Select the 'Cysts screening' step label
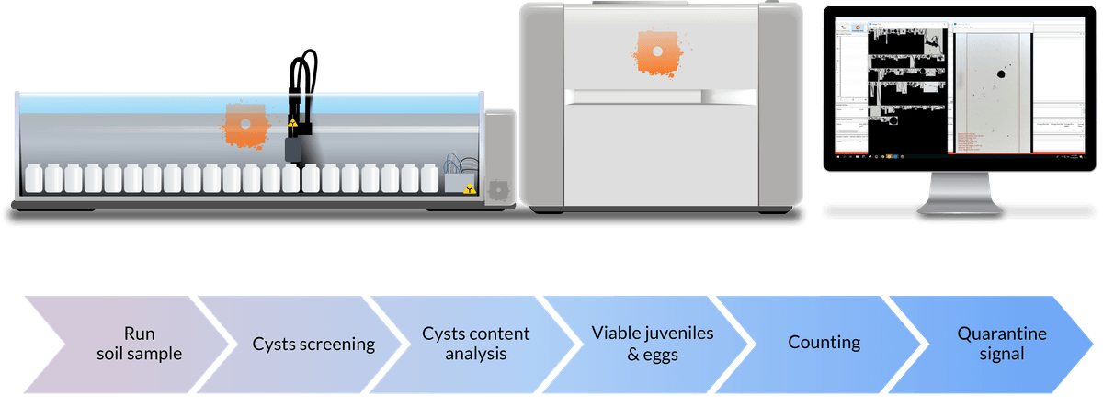[313, 345]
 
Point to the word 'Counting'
[824, 344]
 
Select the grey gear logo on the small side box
[498, 188]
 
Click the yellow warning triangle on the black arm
[292, 122]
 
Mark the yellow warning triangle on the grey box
[471, 189]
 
